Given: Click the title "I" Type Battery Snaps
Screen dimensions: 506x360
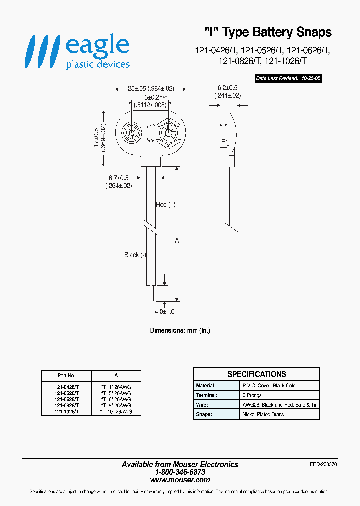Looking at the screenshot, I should [268, 32].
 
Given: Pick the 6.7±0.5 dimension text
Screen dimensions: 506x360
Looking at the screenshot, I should [118, 182].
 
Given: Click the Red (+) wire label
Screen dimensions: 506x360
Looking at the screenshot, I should [166, 204].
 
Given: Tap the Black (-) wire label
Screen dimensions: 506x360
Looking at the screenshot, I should [135, 255].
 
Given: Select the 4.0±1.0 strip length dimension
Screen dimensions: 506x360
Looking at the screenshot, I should [164, 311].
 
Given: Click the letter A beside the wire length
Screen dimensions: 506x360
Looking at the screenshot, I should [176, 241].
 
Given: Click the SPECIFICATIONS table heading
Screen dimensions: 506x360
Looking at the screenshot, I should [256, 374].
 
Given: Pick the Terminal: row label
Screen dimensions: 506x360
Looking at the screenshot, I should [206, 395].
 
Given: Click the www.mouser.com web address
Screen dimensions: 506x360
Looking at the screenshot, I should [180, 480].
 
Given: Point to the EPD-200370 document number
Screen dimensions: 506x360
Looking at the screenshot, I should [323, 464].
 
